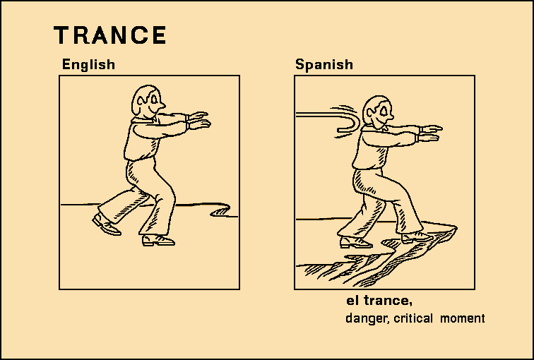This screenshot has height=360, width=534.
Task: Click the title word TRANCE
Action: pos(109,35)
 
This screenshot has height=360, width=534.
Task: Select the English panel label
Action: pos(88,64)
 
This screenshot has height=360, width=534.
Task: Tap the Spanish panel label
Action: pos(324,64)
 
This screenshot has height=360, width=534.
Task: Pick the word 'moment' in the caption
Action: pos(463,318)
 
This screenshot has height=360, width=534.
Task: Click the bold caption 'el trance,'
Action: pos(379,301)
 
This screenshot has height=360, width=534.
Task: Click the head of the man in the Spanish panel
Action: pos(377,112)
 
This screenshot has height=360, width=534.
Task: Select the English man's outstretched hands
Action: pos(198,120)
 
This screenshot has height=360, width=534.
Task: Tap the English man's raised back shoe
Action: pos(106,225)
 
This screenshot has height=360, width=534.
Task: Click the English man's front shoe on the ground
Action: pos(158,240)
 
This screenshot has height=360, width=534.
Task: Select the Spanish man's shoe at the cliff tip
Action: pos(417,237)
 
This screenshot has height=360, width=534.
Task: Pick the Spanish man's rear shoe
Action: pos(356,242)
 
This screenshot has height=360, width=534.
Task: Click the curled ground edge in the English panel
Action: pos(221,210)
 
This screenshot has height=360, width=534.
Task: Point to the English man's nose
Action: pos(162,105)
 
